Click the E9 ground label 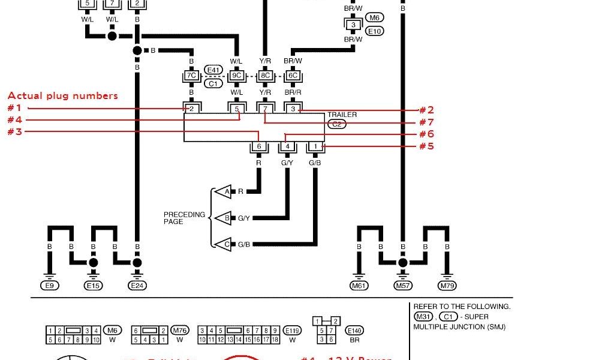tap(50, 286)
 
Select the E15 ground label tap(93, 286)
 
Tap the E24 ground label tap(137, 286)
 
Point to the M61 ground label tap(359, 286)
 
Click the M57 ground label tap(403, 286)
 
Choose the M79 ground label tap(447, 286)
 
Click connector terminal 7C tap(191, 76)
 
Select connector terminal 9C tap(236, 76)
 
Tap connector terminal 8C tap(264, 76)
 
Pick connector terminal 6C tap(293, 76)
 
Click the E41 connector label tap(213, 70)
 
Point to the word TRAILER tap(342, 115)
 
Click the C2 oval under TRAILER tap(336, 124)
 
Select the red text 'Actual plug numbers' tap(62, 95)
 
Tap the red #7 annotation tap(426, 122)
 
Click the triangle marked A tap(225, 192)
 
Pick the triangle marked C tap(225, 244)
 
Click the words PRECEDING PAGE tap(184, 218)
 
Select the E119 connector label tap(293, 330)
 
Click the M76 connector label tap(179, 330)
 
